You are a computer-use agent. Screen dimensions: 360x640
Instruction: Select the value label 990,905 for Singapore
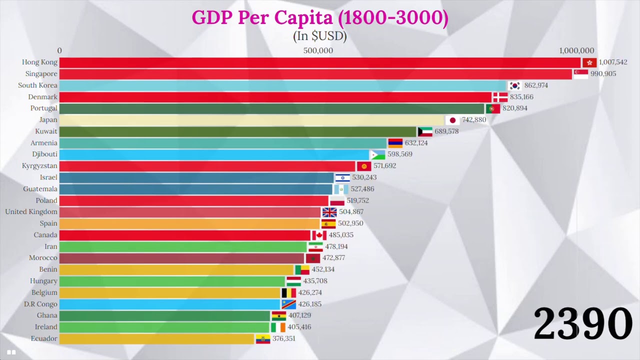point(603,74)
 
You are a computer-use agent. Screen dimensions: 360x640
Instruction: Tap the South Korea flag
point(514,85)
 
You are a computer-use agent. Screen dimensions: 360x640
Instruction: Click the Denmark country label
point(42,97)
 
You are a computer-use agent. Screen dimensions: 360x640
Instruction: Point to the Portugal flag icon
point(493,108)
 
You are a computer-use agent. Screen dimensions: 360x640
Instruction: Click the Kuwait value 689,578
point(446,131)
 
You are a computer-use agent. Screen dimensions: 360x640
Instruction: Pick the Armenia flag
point(395,143)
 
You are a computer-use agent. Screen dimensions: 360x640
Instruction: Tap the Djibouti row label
point(44,154)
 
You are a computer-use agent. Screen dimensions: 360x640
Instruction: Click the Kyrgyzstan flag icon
point(363,166)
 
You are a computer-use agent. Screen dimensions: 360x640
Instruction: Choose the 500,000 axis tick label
point(318,50)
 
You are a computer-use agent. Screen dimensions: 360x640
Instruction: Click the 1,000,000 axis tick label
point(576,50)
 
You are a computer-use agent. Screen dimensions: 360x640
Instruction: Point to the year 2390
point(582,324)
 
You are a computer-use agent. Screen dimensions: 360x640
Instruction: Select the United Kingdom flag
point(329,212)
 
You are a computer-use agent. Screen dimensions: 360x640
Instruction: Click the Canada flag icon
point(319,235)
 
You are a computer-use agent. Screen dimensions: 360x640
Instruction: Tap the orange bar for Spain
point(189,223)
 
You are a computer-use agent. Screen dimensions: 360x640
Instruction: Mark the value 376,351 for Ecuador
point(283,339)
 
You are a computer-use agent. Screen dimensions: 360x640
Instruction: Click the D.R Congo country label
point(40,304)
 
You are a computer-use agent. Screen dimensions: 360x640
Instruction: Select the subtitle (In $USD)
point(319,36)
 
